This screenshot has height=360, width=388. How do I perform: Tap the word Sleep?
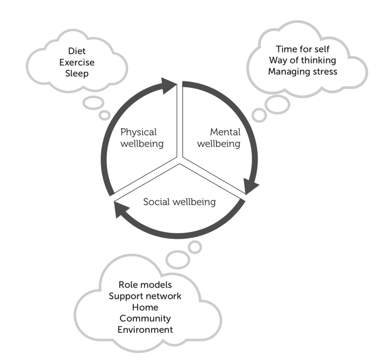pos(76,74)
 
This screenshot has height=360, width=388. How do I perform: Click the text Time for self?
pos(302,49)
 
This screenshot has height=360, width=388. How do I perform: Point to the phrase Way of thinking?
pos(302,60)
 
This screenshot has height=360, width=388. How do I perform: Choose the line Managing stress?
pos(302,71)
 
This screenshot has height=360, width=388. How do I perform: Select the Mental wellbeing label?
pos(218,138)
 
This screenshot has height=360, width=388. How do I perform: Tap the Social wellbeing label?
pos(179,202)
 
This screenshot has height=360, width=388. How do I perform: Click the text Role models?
pos(145,285)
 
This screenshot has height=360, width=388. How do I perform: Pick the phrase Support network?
pos(145,296)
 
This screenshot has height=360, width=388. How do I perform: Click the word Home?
pos(145,307)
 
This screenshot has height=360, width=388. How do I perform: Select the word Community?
pos(145,319)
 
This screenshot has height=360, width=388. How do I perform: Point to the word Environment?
pos(145,330)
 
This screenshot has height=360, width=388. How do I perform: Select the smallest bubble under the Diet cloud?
pos(104,115)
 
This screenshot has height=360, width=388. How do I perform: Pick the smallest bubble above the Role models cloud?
pos(195,247)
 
